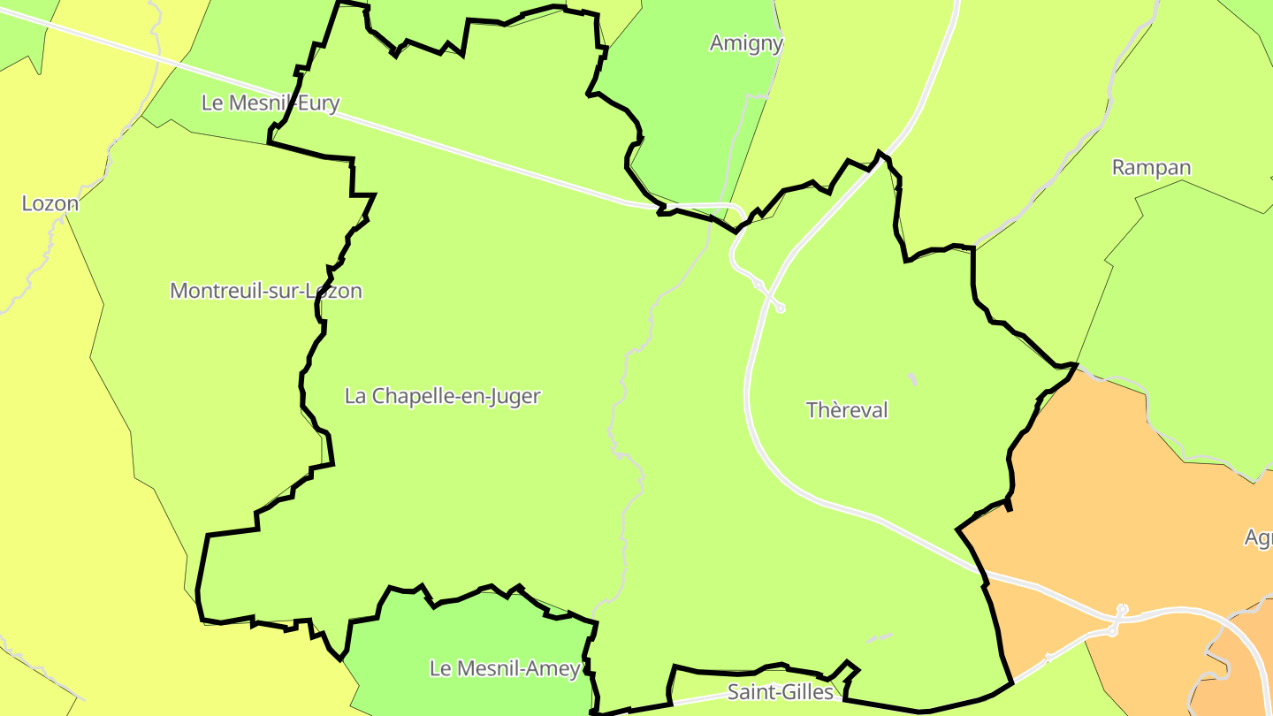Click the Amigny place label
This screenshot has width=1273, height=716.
(x=746, y=42)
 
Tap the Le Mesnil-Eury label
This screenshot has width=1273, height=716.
(x=270, y=103)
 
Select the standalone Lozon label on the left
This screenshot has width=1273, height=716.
(x=50, y=203)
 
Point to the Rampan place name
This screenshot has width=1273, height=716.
(x=1151, y=167)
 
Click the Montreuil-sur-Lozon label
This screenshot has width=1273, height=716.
(x=265, y=290)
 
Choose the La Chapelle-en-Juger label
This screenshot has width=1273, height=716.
(x=442, y=396)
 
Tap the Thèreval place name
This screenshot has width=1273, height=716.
(x=847, y=410)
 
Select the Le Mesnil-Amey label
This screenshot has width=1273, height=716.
(x=505, y=668)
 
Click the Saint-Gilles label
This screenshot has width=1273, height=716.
(x=780, y=691)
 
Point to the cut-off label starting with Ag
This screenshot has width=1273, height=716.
(x=1259, y=537)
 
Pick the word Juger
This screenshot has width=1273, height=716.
(x=516, y=396)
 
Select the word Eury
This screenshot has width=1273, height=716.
(x=320, y=103)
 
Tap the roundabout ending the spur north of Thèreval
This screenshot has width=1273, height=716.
(x=780, y=308)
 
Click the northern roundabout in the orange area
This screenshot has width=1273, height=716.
(x=1123, y=609)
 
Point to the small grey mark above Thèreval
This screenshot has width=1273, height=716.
(x=913, y=380)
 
